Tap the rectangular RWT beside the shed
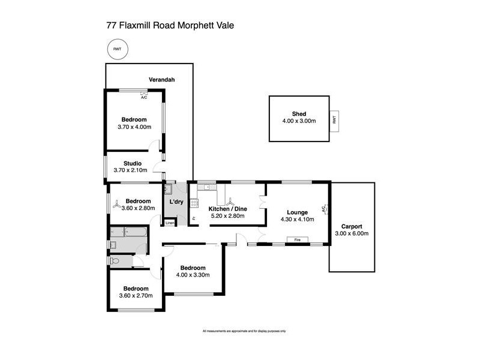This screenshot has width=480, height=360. [x=334, y=119]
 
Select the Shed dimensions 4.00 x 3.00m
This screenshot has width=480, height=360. [x=299, y=121]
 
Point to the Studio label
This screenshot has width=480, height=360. [x=132, y=163]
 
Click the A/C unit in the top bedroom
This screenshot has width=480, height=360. [x=144, y=94]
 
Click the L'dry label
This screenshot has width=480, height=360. [x=176, y=202]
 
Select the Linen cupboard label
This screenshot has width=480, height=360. [x=171, y=223]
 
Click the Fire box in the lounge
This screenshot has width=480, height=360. [x=297, y=240]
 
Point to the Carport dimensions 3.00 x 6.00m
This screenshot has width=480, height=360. [x=351, y=233]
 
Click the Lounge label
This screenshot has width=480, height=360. [x=298, y=212]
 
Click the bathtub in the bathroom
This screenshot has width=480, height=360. [x=128, y=232]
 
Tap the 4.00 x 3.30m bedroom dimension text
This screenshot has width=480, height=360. [x=193, y=275]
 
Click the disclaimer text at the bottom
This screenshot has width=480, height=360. [x=244, y=331]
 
